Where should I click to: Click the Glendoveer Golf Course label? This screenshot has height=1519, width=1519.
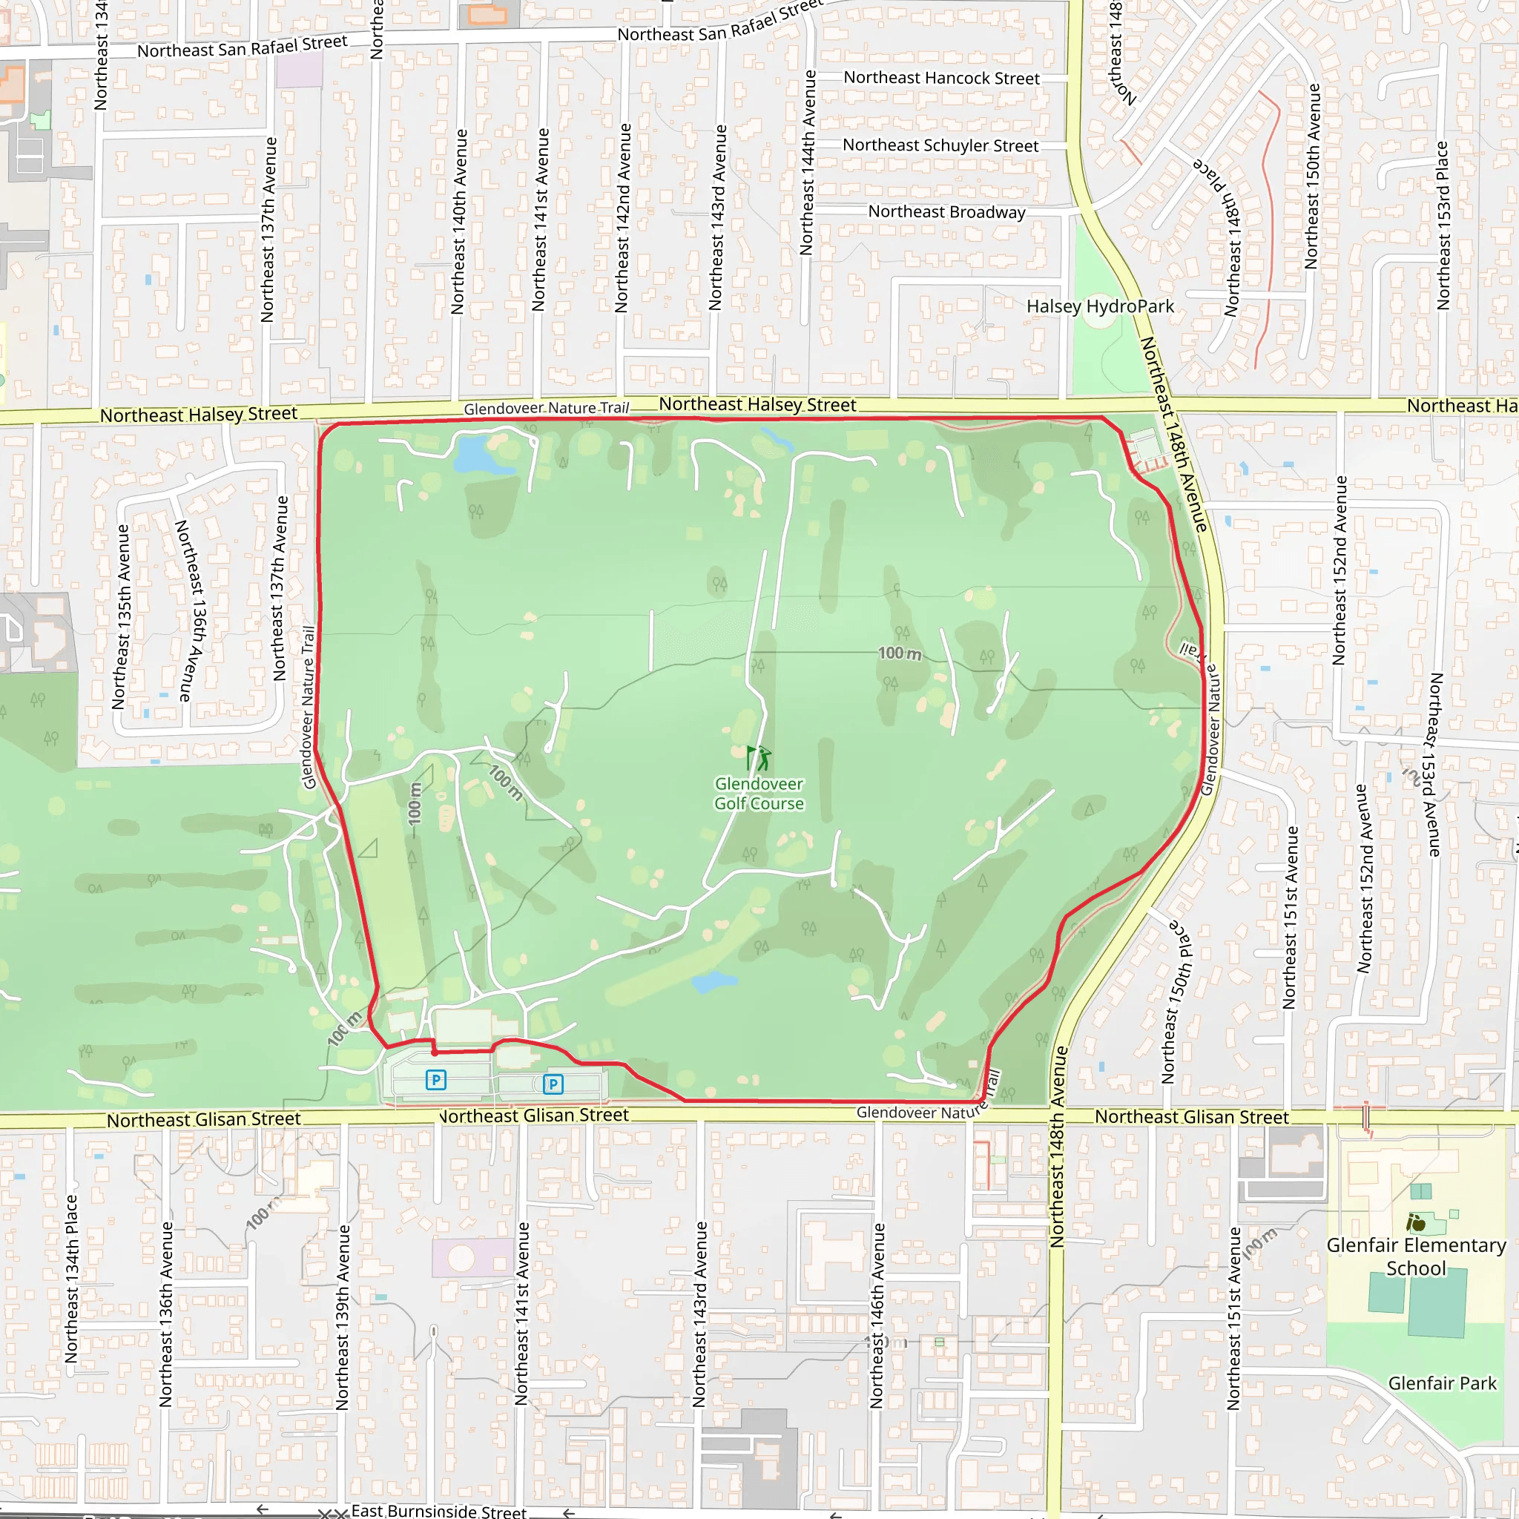(x=759, y=794)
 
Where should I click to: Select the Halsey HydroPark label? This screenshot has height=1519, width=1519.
(x=1100, y=306)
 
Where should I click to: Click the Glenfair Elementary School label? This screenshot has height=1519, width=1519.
(x=1416, y=1256)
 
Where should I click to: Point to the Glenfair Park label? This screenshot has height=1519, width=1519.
(x=1442, y=1383)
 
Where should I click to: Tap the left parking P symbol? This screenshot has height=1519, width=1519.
(x=435, y=1079)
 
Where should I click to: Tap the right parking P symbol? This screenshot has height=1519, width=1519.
(x=553, y=1084)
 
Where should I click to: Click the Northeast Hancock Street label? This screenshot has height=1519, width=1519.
(x=941, y=78)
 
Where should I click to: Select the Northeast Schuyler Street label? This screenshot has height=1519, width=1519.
(x=940, y=145)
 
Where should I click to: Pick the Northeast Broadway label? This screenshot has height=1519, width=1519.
(x=946, y=211)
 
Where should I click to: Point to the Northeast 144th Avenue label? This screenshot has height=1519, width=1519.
(x=807, y=162)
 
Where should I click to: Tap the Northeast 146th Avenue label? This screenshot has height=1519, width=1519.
(x=877, y=1315)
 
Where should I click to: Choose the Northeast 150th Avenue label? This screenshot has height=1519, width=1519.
(x=1311, y=176)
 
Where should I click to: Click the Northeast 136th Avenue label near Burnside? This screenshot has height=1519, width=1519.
(x=166, y=1314)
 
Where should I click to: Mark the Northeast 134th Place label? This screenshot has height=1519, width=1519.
(x=71, y=1279)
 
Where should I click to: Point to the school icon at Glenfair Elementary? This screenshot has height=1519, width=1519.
(x=1415, y=1222)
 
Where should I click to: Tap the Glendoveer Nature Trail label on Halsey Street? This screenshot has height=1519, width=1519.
(x=547, y=408)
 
